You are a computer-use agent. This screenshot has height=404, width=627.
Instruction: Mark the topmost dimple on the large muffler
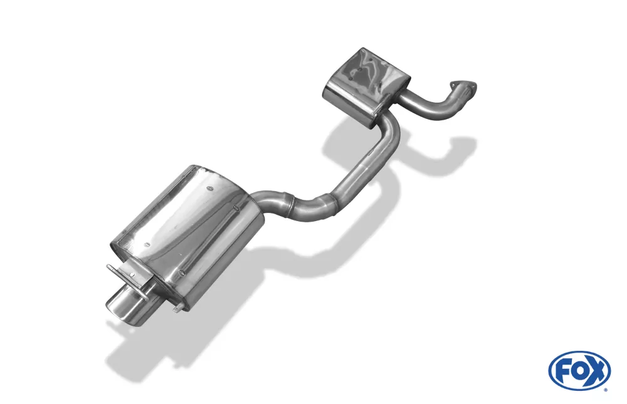pyautogui.click(x=211, y=187)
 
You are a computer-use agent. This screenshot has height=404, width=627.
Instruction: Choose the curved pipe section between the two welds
pyautogui.click(x=310, y=205)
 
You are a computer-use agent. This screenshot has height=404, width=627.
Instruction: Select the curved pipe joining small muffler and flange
pyautogui.click(x=433, y=106)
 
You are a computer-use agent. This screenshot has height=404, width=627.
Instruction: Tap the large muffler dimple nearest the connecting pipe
pyautogui.click(x=235, y=207)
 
